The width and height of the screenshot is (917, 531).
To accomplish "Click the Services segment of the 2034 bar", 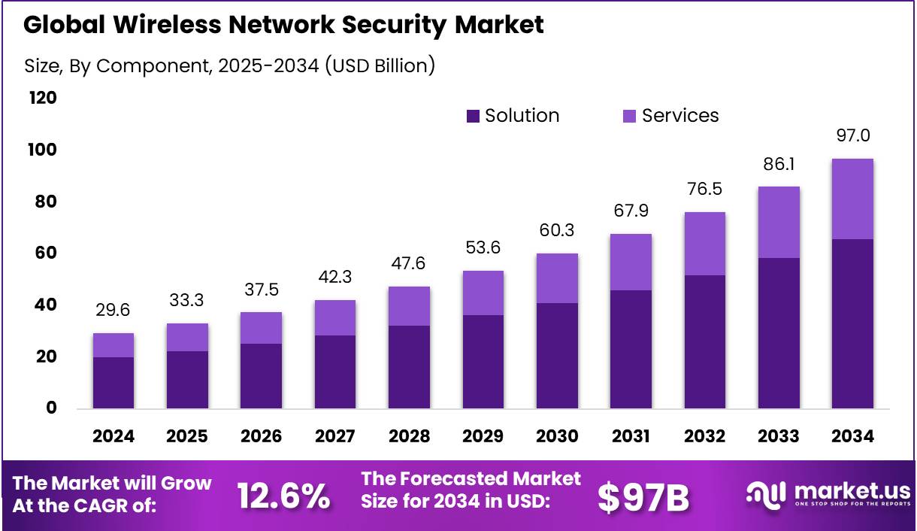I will pos(852,199).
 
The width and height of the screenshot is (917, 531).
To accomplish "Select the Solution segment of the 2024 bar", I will pos(113,383).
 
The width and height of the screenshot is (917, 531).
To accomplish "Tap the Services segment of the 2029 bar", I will pos(483,293).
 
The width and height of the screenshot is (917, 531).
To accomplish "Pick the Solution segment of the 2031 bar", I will pos(631,349).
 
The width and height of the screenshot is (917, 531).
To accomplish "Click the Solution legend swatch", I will pos(473,116).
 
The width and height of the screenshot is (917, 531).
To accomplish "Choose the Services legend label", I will pos(680,116).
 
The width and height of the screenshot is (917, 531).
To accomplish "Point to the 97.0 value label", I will pos(852,136).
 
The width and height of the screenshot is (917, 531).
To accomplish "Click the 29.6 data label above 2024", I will pos(113,311).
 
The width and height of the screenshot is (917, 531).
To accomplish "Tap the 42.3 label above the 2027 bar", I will pos(335,278).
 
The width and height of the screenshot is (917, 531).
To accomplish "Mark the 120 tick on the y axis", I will pos(41,99).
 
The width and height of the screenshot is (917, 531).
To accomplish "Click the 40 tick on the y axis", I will pos(46,305).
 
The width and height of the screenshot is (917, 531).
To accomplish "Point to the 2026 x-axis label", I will pos(261,437).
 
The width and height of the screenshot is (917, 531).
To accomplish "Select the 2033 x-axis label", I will pos(779,437).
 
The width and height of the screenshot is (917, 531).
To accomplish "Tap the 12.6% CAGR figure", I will pos(283,496).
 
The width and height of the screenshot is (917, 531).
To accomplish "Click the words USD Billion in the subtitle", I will pos(379,65).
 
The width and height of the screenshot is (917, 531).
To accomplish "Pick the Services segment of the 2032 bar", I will pos(704,244).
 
